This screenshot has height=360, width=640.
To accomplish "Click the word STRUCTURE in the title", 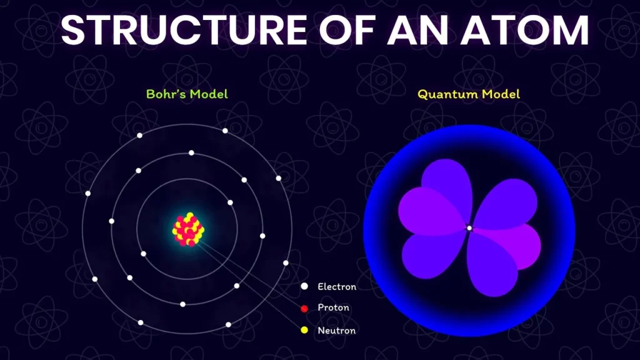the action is [x=184, y=30].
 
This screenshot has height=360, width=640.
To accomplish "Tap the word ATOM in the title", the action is [x=525, y=30].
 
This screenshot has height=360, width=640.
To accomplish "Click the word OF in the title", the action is [x=347, y=30].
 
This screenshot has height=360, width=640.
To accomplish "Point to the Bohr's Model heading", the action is [x=187, y=94].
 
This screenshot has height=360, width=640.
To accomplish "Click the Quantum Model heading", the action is [x=469, y=94].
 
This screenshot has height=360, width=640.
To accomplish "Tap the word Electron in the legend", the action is [x=337, y=286].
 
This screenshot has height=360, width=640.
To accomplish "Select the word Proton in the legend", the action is [x=334, y=307].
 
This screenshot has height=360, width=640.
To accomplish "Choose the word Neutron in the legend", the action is [x=336, y=330].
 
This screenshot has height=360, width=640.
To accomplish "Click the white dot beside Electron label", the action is [x=304, y=286].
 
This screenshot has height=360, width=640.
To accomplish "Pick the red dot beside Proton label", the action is [x=304, y=309].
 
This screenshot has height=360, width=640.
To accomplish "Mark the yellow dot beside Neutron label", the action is [x=304, y=330].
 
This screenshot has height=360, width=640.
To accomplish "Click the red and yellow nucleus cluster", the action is [x=188, y=229].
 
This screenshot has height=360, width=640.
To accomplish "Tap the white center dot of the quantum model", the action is [x=469, y=228].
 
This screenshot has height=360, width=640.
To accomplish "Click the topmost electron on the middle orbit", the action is [x=191, y=152].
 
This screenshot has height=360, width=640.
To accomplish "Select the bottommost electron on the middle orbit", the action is [x=183, y=304].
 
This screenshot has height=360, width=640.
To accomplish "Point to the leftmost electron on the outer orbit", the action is [x=87, y=193].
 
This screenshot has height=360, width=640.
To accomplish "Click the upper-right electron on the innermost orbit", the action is [x=230, y=202].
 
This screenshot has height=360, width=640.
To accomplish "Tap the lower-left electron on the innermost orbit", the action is [x=143, y=254].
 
